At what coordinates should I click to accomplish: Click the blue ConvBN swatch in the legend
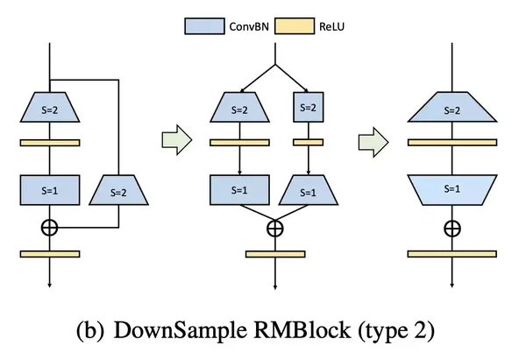pos(203,26)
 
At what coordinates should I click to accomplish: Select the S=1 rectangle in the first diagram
pos(50,187)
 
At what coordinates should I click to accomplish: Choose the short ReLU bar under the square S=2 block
pos(307,141)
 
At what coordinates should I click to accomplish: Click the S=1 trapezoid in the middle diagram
pos(307,187)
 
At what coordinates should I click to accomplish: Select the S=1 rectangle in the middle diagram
pos(239,187)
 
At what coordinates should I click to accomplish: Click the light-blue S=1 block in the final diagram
pos(452,188)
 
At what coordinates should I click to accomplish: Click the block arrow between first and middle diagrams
pos(176,141)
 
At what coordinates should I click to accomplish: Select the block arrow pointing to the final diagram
pos(376,141)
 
